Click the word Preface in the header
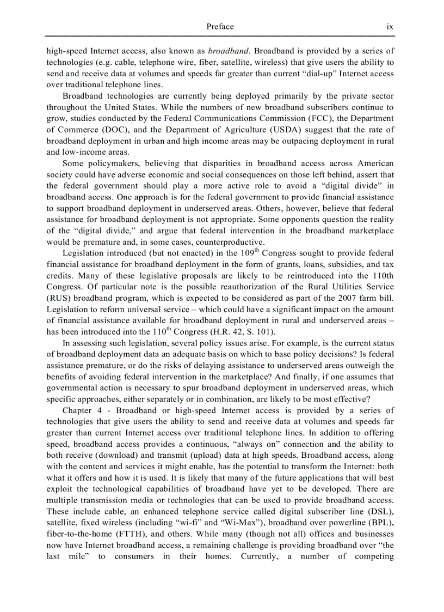[220, 26]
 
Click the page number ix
[390, 26]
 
